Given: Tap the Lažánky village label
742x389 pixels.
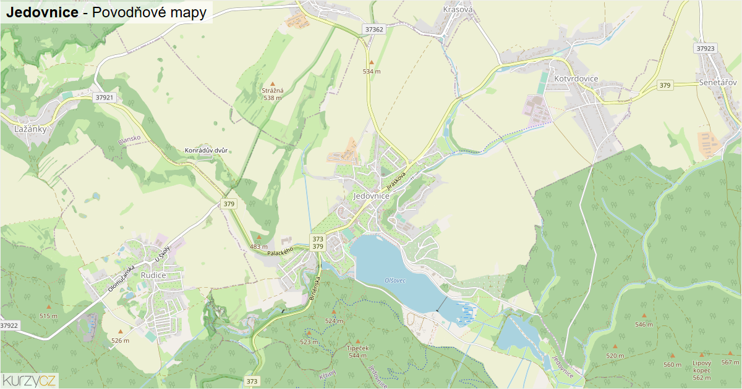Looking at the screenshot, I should [x=30, y=129].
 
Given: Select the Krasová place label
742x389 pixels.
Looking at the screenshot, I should [x=458, y=9].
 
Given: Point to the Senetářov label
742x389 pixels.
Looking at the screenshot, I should [x=717, y=82].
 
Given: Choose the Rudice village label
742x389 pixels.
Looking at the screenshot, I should [x=153, y=275].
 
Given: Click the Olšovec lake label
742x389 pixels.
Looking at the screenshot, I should [x=394, y=280].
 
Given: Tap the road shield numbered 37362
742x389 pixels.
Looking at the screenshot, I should [x=374, y=29].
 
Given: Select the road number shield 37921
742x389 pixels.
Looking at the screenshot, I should [x=105, y=98].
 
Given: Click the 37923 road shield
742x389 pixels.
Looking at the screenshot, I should [x=706, y=48].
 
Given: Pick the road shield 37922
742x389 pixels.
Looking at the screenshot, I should [x=9, y=325].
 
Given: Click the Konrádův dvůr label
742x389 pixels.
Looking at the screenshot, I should [x=207, y=151].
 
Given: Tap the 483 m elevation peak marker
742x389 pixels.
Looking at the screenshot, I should [x=258, y=237].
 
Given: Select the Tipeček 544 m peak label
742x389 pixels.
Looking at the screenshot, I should [x=357, y=351].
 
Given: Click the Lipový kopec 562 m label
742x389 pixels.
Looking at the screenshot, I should [x=701, y=370].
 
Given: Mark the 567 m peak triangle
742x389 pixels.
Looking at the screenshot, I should [x=730, y=354].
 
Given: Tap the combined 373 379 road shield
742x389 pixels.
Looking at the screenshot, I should [x=318, y=243].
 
